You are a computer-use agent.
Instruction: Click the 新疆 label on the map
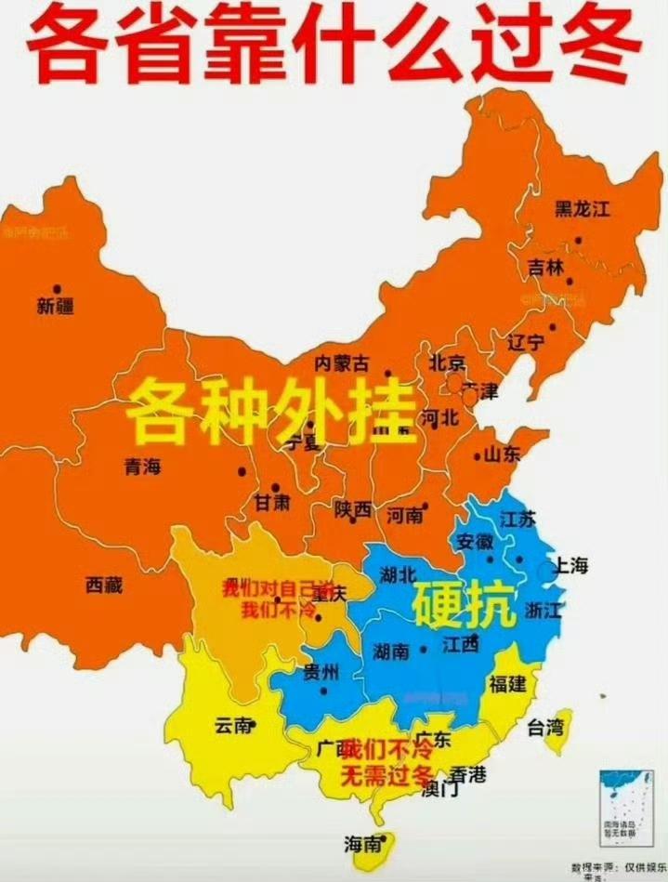point(55,306)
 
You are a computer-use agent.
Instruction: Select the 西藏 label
point(104,585)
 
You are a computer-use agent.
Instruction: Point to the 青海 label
point(141,467)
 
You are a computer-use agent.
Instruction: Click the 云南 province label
point(233,726)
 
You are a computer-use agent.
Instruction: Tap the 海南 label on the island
point(362,844)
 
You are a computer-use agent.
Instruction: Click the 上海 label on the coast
point(570,566)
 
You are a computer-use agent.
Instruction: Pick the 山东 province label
point(503,454)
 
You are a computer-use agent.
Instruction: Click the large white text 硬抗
point(463,605)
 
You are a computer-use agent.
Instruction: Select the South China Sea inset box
point(620,805)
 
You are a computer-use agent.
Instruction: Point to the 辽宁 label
point(526,341)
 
